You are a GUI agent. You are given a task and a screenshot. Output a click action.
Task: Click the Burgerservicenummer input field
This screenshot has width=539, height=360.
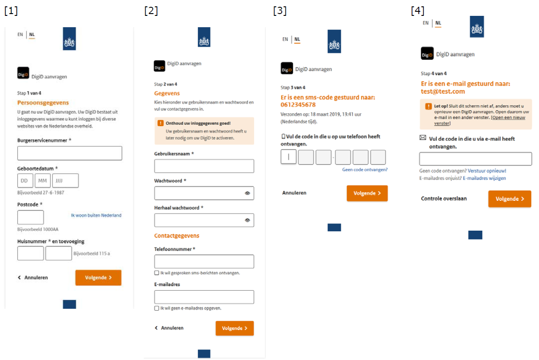(69, 153)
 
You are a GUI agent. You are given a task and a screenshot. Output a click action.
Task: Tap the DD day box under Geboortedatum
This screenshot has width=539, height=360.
(25, 180)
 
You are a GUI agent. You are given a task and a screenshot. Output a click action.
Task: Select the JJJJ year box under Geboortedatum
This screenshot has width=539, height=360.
(65, 180)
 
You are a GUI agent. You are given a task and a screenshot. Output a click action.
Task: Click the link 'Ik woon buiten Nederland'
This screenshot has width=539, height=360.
(96, 215)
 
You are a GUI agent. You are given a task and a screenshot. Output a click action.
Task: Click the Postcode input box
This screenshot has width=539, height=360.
(30, 217)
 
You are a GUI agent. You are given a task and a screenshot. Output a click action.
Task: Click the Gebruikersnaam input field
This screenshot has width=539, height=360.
(204, 166)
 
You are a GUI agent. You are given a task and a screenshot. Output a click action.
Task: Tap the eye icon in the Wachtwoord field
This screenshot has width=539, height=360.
(248, 193)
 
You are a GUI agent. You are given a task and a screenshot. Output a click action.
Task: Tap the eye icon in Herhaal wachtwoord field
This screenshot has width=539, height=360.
(248, 220)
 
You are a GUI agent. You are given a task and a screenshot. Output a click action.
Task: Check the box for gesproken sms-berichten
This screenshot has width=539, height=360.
(157, 273)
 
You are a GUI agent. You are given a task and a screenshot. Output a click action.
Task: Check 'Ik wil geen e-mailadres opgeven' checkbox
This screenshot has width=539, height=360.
(157, 308)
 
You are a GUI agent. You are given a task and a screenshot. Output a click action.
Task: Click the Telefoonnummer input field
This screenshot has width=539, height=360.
(204, 262)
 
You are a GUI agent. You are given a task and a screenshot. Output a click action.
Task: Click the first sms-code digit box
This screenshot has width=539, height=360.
(289, 157)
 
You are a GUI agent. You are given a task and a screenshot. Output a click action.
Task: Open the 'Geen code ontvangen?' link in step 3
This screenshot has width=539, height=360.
(365, 170)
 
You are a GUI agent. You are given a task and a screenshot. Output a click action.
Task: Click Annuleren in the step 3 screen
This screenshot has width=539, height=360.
(294, 193)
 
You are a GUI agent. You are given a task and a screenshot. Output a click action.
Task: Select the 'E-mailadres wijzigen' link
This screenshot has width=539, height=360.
(484, 178)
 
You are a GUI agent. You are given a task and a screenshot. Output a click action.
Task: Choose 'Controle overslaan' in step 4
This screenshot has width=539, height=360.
(444, 199)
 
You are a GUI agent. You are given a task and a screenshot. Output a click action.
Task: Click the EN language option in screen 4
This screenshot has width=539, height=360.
(426, 23)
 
